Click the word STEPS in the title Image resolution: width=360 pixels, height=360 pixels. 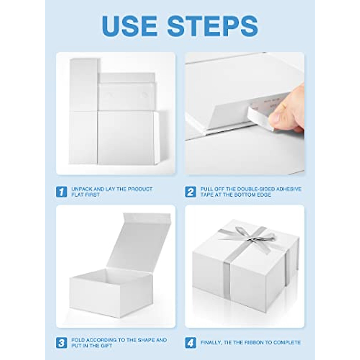(213, 26)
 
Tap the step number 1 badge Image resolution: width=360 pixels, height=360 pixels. (61, 192)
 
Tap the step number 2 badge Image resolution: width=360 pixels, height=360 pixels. (190, 192)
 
